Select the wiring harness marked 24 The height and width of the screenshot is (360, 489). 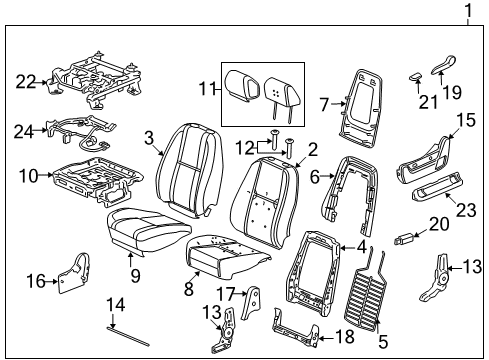[x=85, y=131]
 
